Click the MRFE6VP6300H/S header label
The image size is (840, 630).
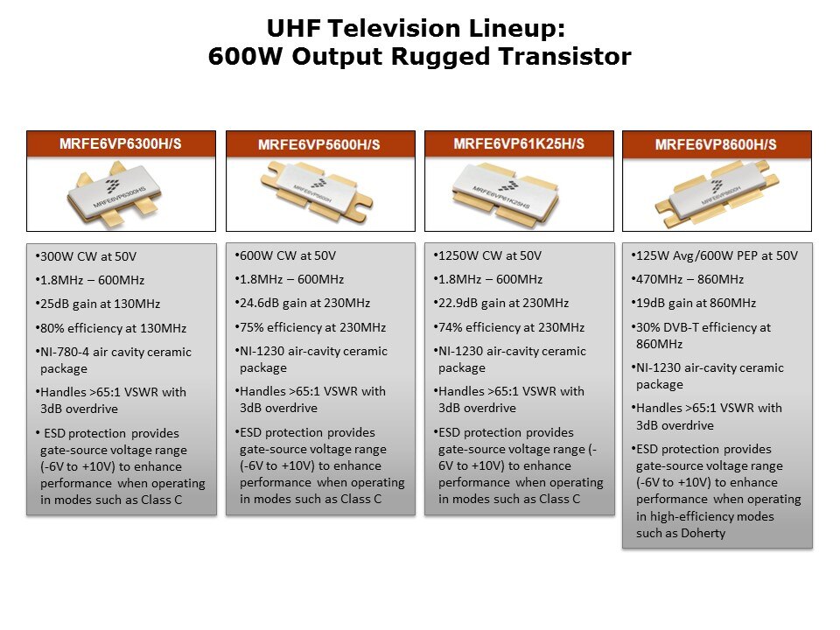[x=121, y=143]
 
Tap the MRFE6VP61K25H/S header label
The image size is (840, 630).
[x=518, y=143]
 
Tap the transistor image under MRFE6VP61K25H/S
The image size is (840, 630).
[x=518, y=190]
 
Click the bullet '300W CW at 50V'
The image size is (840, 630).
[x=87, y=257]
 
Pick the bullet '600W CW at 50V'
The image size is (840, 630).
[x=285, y=255]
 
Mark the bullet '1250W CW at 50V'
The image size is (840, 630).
[x=486, y=255]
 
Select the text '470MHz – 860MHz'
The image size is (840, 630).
[x=688, y=279]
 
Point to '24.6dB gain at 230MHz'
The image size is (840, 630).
[x=303, y=303]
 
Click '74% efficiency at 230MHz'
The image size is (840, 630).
[x=508, y=327]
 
